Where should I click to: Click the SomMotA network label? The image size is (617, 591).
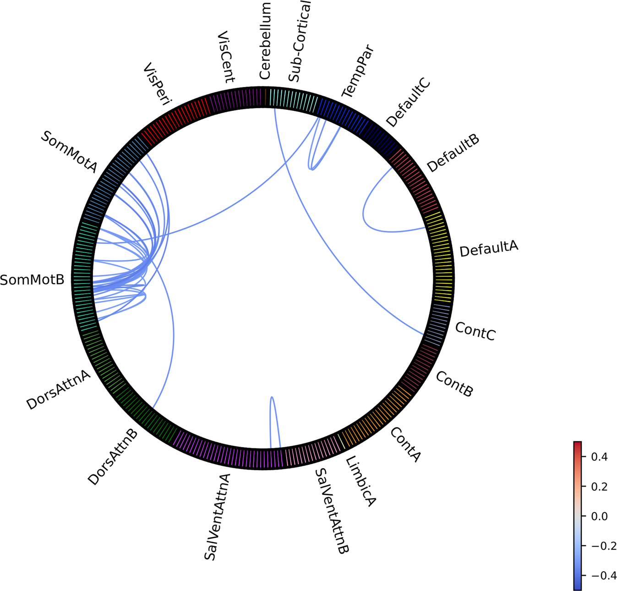point(69,152)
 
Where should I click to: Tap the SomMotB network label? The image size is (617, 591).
point(32,279)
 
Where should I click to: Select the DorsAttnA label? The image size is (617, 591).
point(58,389)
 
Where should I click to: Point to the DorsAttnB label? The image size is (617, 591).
point(113,457)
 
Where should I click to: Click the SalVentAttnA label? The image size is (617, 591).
point(217,517)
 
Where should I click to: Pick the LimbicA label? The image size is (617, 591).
point(360,481)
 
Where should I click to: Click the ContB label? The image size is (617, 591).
point(454,384)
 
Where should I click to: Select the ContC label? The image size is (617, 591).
point(475,331)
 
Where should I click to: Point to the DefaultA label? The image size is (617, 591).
point(489,249)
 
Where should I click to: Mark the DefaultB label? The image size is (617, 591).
point(453,153)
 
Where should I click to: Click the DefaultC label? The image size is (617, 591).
point(408,102)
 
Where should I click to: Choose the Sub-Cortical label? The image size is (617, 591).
point(300,41)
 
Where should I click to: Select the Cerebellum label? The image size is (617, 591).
point(265,41)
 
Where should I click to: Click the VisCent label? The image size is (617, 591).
point(225,57)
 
